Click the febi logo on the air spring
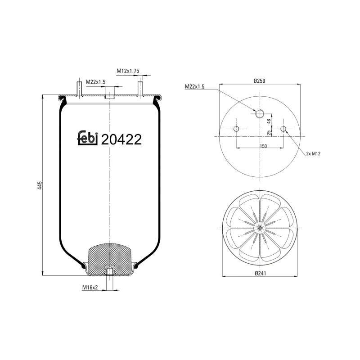pos(88,139)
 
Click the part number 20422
pos(121,139)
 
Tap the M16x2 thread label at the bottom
pos(90,287)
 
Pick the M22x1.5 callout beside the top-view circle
pos(194,86)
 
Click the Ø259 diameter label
pos(260,81)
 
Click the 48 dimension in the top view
pos(269,121)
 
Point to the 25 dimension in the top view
pos(269,132)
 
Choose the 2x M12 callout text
pos(312,153)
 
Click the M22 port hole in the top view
pos(260,113)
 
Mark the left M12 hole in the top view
pos(236,130)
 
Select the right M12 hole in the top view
pos(283,130)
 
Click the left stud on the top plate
pos(79,89)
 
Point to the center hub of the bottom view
pos(260,228)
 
